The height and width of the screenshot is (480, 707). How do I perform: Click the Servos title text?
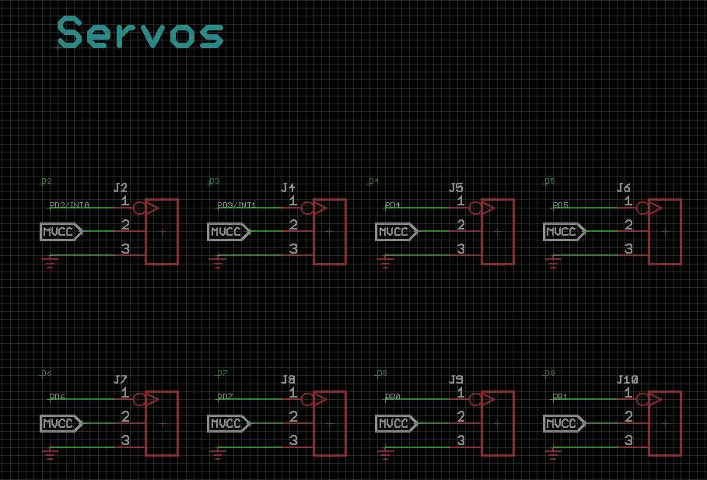(x=141, y=33)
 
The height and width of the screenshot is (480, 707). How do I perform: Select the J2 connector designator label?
(x=121, y=188)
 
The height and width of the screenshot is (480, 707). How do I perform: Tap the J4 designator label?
(x=289, y=188)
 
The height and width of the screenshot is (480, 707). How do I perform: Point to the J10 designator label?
(x=627, y=380)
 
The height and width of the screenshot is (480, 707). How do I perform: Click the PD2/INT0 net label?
(x=69, y=205)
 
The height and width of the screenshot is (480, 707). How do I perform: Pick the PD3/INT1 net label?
(x=236, y=205)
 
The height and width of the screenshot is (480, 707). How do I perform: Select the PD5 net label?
(x=560, y=205)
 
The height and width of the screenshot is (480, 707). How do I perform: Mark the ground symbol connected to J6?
(x=554, y=264)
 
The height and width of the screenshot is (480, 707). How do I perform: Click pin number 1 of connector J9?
(x=460, y=393)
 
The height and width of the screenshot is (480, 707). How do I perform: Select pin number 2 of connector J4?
(x=293, y=225)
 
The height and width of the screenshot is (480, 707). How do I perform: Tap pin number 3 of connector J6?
(x=628, y=249)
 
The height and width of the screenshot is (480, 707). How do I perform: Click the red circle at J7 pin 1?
(x=140, y=399)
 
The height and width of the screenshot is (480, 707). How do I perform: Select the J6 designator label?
(x=624, y=188)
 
